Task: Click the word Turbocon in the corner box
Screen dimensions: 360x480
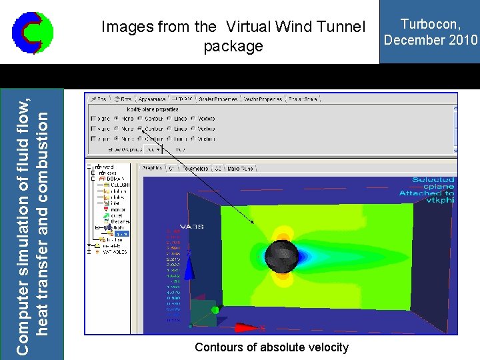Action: coord(430,24)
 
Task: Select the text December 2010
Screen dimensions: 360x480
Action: coord(431,39)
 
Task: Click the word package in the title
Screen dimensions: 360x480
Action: coord(233,47)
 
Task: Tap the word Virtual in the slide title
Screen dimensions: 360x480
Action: coord(251,27)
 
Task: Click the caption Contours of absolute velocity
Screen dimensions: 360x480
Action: coord(271,347)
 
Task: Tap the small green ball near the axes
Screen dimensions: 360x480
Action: coord(215,309)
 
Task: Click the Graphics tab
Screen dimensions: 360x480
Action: coord(153,168)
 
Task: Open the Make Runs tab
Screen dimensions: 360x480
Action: coord(241,168)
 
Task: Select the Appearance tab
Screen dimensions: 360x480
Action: coord(152,99)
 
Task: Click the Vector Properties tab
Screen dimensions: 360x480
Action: coord(261,99)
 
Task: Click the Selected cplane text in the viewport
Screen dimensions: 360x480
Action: coord(432,183)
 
